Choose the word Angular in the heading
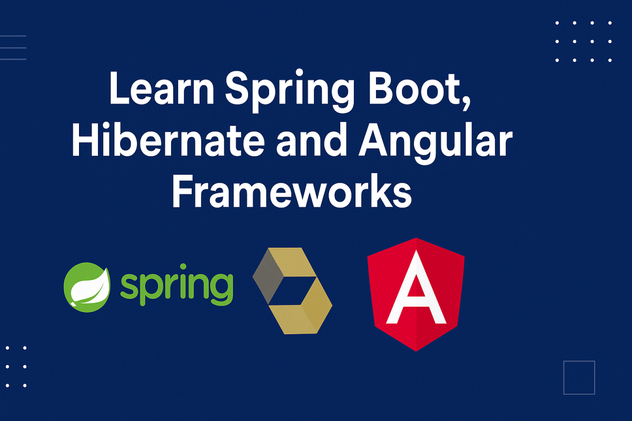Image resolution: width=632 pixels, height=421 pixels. coord(436,143)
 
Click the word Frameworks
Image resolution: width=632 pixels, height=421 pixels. coord(292,191)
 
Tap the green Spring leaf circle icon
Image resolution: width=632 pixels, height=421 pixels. coord(87,287)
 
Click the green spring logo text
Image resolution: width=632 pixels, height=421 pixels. coord(177,285)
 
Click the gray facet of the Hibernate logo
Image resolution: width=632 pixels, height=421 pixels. coord(268,276)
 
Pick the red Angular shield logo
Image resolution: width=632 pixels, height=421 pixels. coord(416,294)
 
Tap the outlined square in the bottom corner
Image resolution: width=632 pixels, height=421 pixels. coord(579,378)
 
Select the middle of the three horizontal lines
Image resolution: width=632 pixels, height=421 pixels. coord(13,48)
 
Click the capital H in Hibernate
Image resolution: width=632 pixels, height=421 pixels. coord(85,139)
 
